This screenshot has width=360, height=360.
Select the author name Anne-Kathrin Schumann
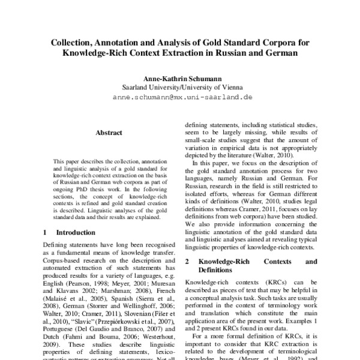point(180,77)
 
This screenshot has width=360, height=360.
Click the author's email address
point(180,96)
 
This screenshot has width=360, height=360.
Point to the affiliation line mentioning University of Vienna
point(180,86)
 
